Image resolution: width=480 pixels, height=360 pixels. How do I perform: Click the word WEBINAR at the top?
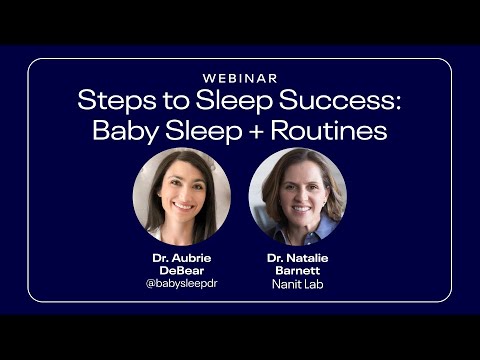pos(240,78)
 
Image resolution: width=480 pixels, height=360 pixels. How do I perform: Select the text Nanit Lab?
pos(297,283)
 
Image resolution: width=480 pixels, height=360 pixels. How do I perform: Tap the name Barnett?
pos(297,270)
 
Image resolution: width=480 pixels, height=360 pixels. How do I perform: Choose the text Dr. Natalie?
pos(297,257)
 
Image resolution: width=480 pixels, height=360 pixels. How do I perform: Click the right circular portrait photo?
pos(297,196)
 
